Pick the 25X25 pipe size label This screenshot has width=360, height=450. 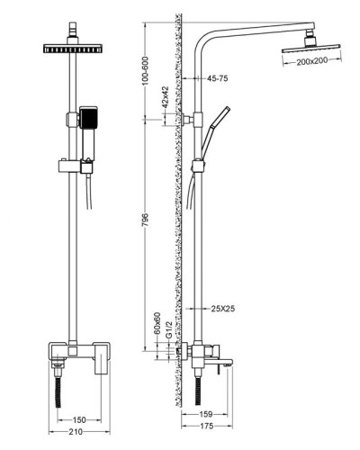[x=222, y=309]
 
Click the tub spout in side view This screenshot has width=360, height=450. [x=223, y=363]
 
